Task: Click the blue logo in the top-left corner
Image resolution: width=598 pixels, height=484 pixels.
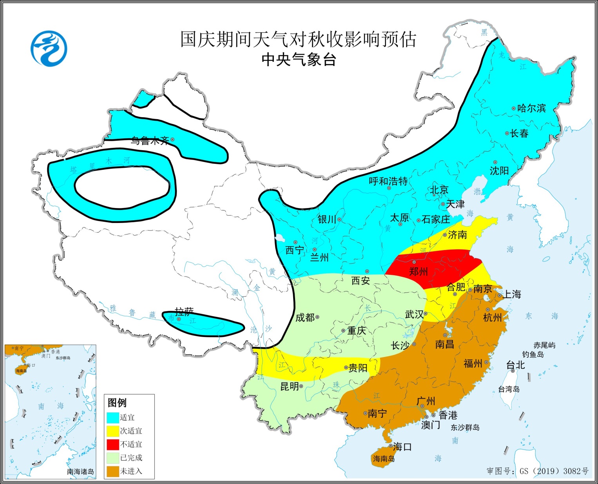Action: [x=49, y=49]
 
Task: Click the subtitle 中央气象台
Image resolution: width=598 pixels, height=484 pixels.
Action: [x=299, y=60]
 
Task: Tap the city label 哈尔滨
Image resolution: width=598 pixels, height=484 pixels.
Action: [x=531, y=108]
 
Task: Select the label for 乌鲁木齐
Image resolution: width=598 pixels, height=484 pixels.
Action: [x=150, y=140]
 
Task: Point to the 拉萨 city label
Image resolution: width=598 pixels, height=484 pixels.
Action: [x=184, y=312]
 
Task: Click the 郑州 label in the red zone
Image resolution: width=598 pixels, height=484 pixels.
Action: [x=418, y=271]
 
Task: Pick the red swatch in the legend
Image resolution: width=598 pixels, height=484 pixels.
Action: [x=113, y=444]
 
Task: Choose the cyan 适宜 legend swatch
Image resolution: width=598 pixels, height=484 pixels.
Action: [x=113, y=417]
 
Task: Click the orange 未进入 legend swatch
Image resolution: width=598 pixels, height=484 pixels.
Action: [x=113, y=471]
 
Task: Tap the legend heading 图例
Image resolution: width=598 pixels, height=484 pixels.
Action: [x=117, y=402]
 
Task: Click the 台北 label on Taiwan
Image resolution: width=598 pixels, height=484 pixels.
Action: [x=516, y=365]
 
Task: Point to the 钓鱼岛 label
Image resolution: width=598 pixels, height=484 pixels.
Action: [x=533, y=354]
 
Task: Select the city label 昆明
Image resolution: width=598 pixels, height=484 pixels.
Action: [x=290, y=386]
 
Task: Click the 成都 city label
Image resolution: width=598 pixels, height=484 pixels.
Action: [x=305, y=317]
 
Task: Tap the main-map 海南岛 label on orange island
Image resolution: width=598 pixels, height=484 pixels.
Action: [x=384, y=459]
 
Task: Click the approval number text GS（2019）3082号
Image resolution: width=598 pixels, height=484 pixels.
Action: [x=554, y=471]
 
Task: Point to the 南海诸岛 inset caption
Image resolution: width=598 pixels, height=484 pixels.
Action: [x=80, y=471]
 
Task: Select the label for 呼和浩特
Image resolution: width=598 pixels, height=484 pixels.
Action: [x=388, y=181]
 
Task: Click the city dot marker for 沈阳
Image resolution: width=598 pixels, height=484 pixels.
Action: [x=495, y=162]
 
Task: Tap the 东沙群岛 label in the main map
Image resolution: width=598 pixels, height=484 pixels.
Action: [x=465, y=427]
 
